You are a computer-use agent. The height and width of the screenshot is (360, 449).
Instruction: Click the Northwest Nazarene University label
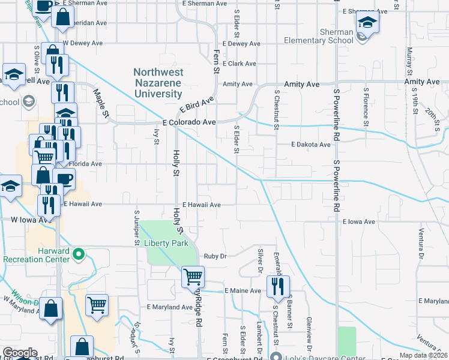coord(158,83)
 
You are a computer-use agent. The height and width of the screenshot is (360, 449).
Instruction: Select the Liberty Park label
coord(166,243)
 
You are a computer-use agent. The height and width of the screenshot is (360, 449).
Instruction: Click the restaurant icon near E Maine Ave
coord(278,287)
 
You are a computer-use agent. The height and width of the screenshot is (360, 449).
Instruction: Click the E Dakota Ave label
coord(311,145)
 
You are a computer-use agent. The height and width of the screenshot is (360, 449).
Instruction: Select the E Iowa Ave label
coord(359,222)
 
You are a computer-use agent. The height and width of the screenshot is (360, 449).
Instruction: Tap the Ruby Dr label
coord(214,256)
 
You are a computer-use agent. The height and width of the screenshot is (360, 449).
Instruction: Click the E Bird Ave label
coord(197,105)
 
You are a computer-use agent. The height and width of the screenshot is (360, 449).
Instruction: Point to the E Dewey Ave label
coord(241,44)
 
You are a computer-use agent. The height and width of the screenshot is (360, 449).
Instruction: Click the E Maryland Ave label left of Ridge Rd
coord(170,307)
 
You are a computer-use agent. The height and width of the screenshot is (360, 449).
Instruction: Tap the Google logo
coord(20,353)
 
